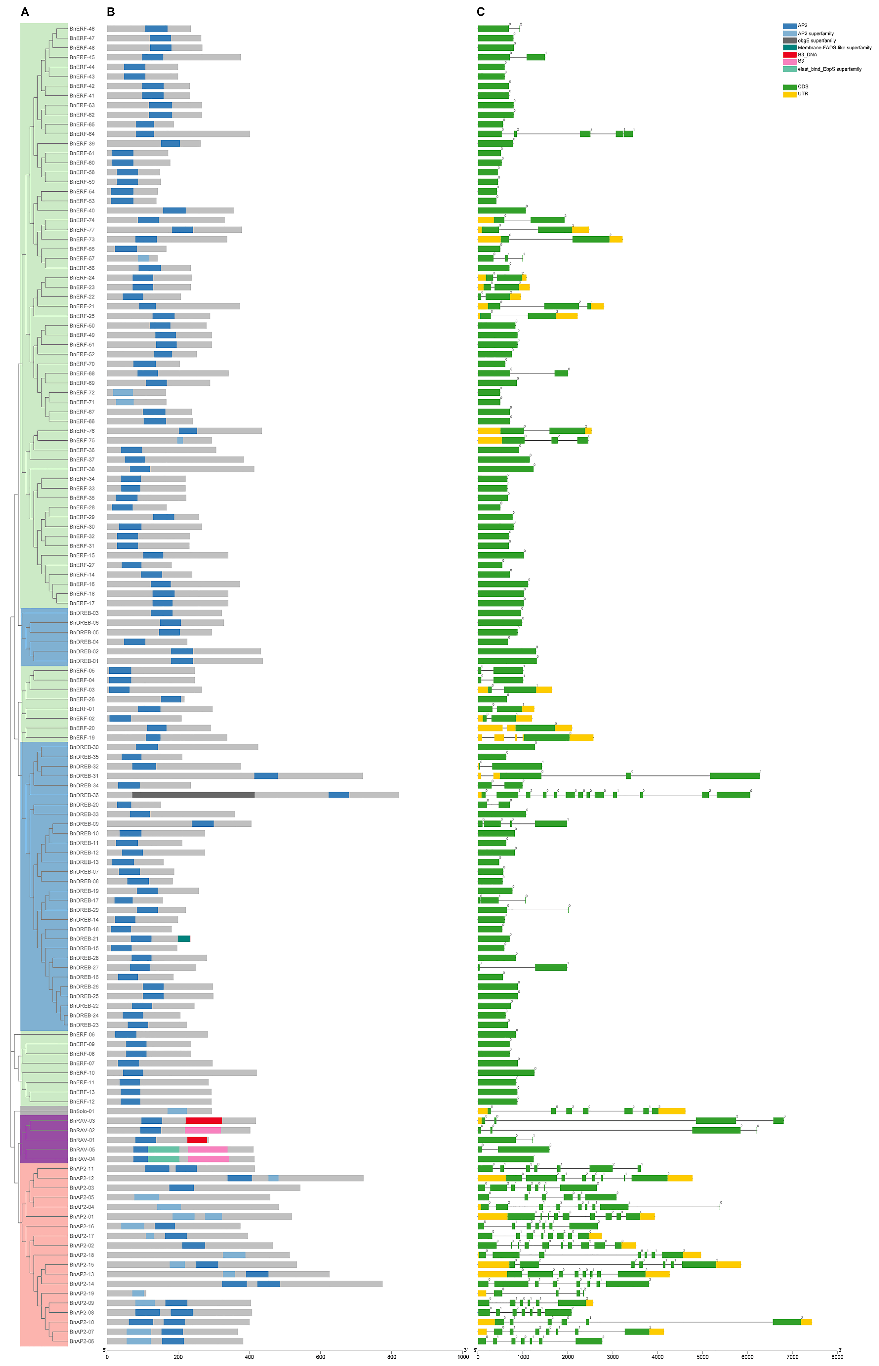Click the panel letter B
[x=111, y=12]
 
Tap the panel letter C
[x=480, y=12]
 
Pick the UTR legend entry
[x=803, y=94]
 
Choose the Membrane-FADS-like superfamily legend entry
[x=834, y=48]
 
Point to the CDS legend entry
[x=803, y=87]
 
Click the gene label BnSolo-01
[x=82, y=1111]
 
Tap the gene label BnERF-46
[x=82, y=29]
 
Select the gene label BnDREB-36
[x=84, y=795]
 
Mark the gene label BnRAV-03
[x=82, y=1120]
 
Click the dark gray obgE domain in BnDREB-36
[x=193, y=795]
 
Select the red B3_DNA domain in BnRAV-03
[x=204, y=1120]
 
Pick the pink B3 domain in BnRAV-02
[x=203, y=1130]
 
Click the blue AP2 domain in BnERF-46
[x=156, y=29]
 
